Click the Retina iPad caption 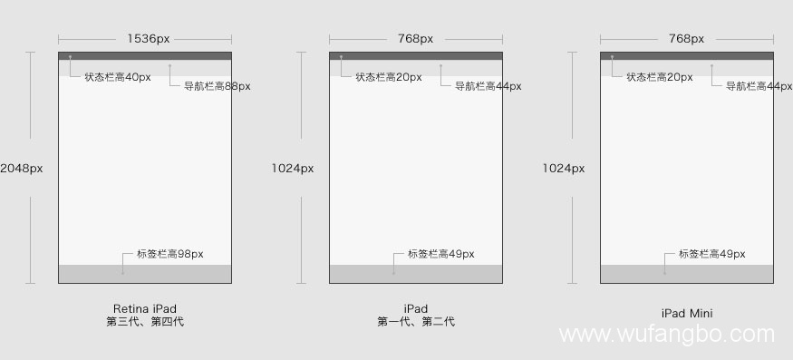(145, 308)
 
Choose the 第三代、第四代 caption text (145, 322)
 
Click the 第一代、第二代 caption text (416, 322)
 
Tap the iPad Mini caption (687, 314)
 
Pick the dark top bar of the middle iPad (416, 55)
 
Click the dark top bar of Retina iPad (145, 55)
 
